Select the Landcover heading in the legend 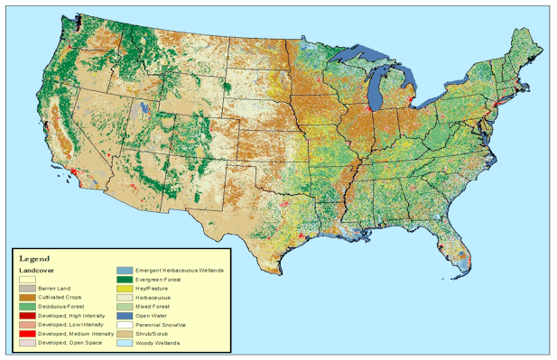[x=36, y=269]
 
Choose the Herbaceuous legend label [x=153, y=297]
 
